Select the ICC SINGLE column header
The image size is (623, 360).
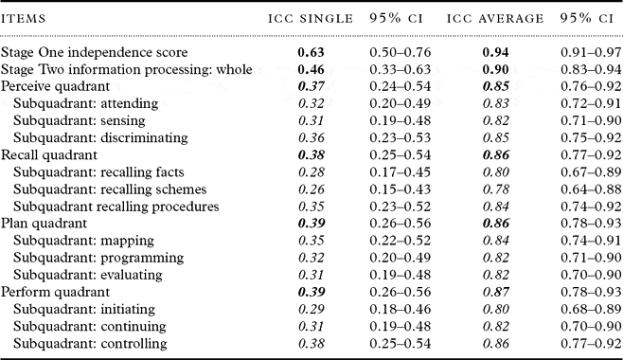pyautogui.click(x=310, y=18)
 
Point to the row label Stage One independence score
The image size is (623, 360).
pyautogui.click(x=94, y=52)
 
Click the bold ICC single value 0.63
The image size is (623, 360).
pyautogui.click(x=312, y=52)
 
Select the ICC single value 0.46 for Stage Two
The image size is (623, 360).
pyautogui.click(x=312, y=69)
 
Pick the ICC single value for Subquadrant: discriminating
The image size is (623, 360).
pyautogui.click(x=312, y=136)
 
